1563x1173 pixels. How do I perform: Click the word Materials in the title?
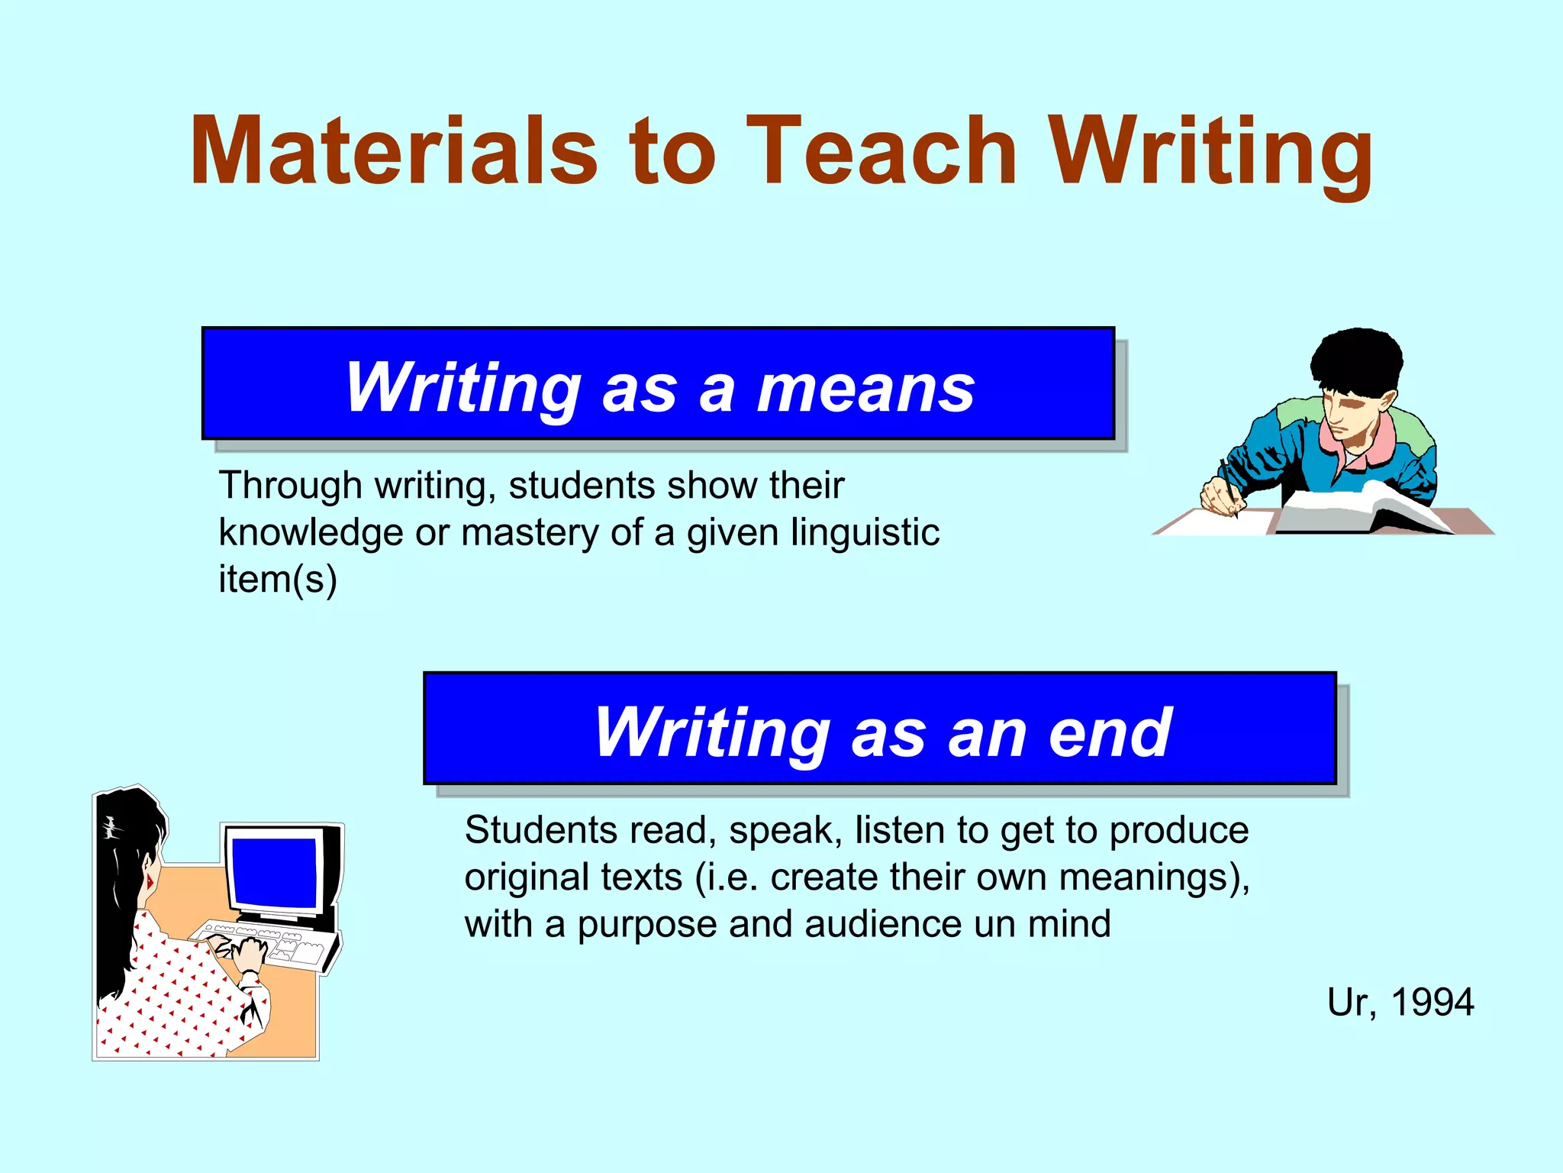click(394, 150)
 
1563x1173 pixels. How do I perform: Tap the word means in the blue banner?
click(865, 389)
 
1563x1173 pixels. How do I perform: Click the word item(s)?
click(278, 579)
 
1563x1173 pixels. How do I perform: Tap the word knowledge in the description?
click(311, 532)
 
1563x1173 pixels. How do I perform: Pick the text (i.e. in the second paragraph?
click(726, 877)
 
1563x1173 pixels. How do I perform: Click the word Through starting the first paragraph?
click(290, 486)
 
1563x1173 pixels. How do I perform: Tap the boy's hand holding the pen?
click(1220, 495)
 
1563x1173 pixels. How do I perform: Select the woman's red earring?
click(150, 882)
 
